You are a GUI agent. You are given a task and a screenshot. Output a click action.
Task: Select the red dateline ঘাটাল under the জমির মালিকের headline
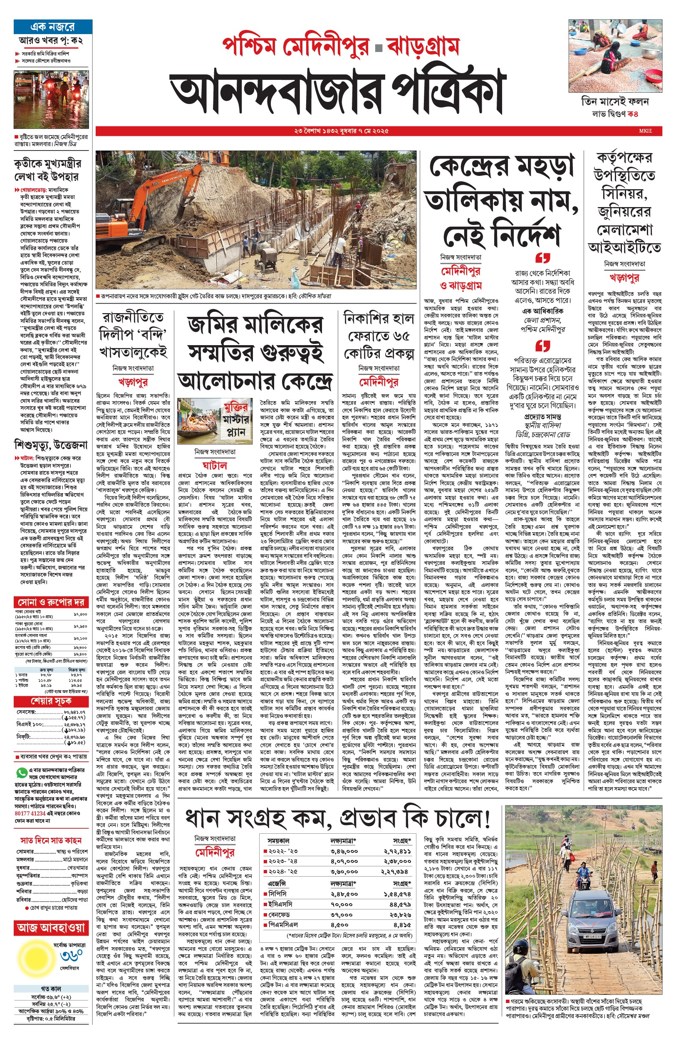[214, 465]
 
